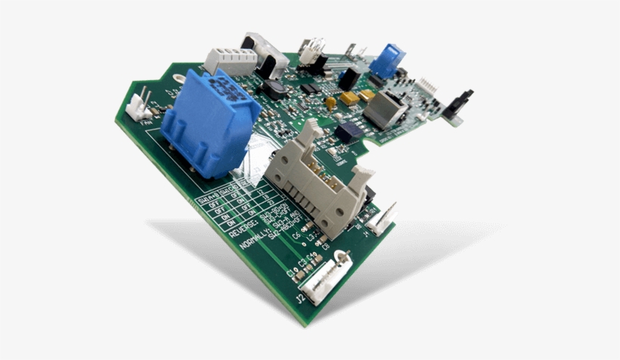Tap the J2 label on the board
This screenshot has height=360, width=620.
tap(300, 299)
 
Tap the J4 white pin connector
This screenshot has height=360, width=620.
tap(382, 217)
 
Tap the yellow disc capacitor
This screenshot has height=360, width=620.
tap(330, 101)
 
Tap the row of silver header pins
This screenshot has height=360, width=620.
tap(430, 82)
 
